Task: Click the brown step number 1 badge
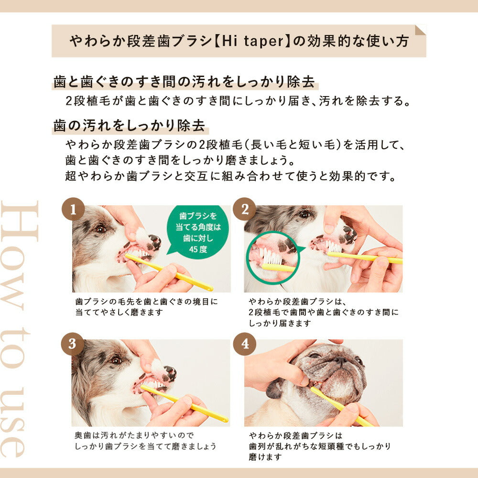pos(73,209)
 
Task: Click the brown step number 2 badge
pos(245,209)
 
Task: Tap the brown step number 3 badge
pos(73,344)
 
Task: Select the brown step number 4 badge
pos(245,344)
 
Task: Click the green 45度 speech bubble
pos(197,232)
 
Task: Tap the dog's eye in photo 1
pos(100,229)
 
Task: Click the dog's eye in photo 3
pos(115,360)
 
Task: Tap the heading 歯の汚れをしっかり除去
pos(129,126)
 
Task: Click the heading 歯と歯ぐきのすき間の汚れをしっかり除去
pos(185,82)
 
